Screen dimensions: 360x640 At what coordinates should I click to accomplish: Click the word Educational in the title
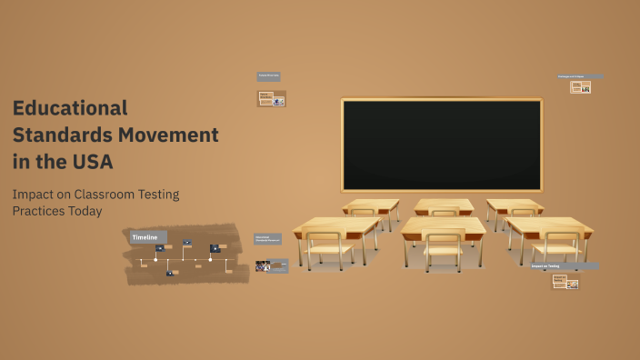pyautogui.click(x=70, y=108)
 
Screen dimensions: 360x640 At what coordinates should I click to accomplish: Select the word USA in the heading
pyautogui.click(x=94, y=162)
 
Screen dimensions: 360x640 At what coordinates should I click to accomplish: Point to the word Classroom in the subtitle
pyautogui.click(x=101, y=194)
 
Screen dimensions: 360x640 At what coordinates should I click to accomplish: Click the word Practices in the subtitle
pyautogui.click(x=39, y=211)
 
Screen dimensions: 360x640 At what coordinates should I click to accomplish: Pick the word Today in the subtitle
pyautogui.click(x=86, y=211)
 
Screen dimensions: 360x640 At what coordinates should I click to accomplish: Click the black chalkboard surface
pyautogui.click(x=441, y=144)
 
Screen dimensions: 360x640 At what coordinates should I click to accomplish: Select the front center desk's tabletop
pyautogui.click(x=444, y=225)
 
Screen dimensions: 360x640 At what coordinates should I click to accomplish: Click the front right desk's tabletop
pyautogui.click(x=549, y=225)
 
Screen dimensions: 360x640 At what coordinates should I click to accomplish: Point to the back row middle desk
pyautogui.click(x=444, y=205)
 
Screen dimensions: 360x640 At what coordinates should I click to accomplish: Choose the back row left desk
pyautogui.click(x=371, y=205)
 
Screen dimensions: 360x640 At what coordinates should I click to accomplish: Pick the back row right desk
pyautogui.click(x=514, y=205)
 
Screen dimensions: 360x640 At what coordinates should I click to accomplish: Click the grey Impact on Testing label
pyautogui.click(x=565, y=266)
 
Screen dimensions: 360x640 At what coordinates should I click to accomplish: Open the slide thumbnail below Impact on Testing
pyautogui.click(x=565, y=283)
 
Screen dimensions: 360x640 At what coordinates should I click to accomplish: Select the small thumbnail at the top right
pyautogui.click(x=581, y=87)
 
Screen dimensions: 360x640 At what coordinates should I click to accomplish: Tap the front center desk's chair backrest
pyautogui.click(x=444, y=240)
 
